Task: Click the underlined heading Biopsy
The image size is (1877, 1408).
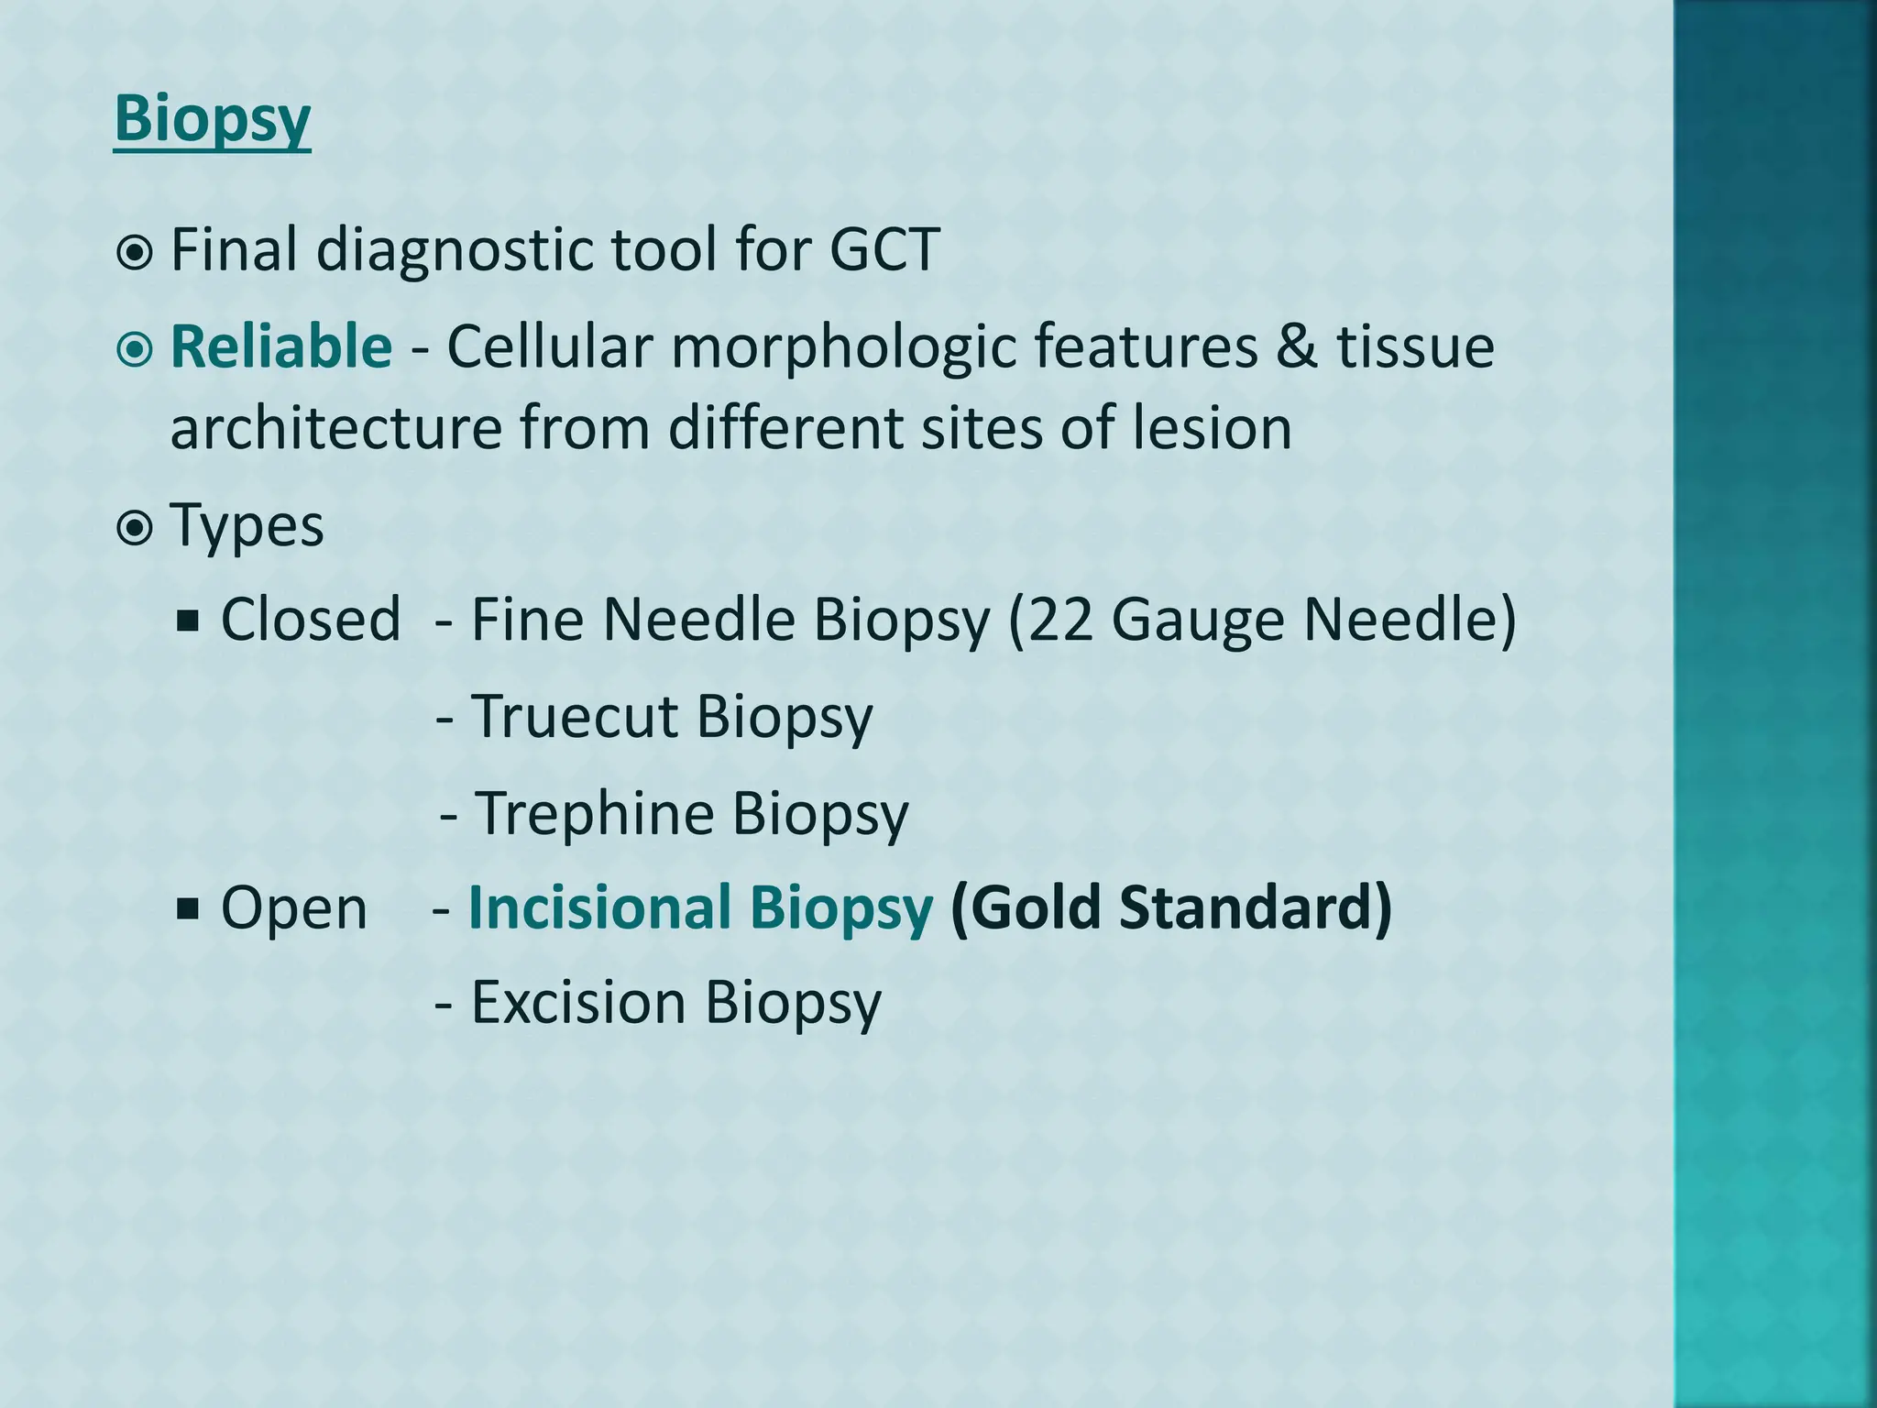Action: click(x=212, y=119)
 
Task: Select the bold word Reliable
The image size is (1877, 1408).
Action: click(x=281, y=346)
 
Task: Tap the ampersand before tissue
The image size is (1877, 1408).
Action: click(x=1295, y=346)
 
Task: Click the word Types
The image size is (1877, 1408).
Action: click(x=247, y=525)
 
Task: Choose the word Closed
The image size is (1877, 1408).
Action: click(x=311, y=619)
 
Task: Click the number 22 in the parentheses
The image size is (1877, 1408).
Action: click(x=1061, y=619)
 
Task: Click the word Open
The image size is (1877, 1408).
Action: click(x=293, y=907)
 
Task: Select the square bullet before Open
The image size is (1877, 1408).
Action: click(x=189, y=909)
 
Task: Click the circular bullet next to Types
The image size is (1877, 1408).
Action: click(x=135, y=528)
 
